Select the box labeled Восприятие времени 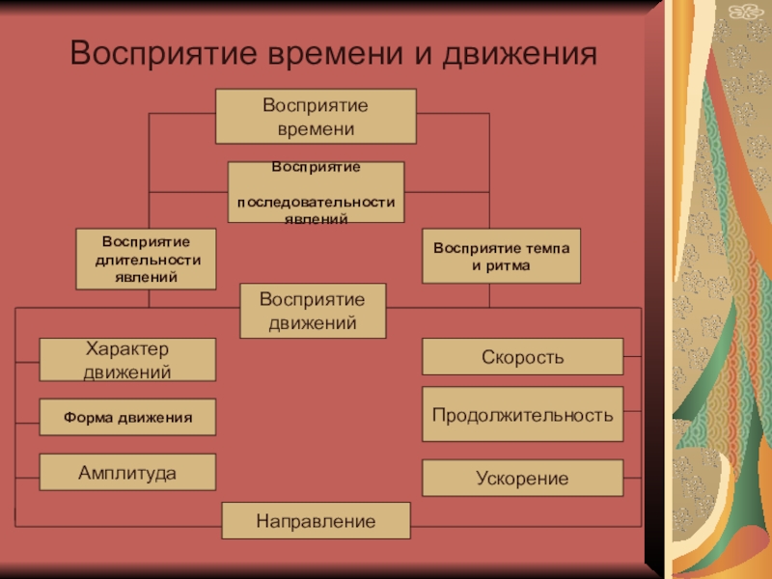tap(316, 116)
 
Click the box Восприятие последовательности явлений tap(316, 193)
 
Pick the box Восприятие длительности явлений tap(147, 259)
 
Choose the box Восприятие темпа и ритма tap(501, 256)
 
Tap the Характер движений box tap(127, 359)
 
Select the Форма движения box tap(127, 417)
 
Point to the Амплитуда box tap(127, 473)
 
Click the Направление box tap(316, 521)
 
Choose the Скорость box tap(522, 357)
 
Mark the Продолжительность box tap(522, 415)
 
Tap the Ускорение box tap(522, 478)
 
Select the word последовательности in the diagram tap(316, 202)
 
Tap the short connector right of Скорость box tap(632, 358)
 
